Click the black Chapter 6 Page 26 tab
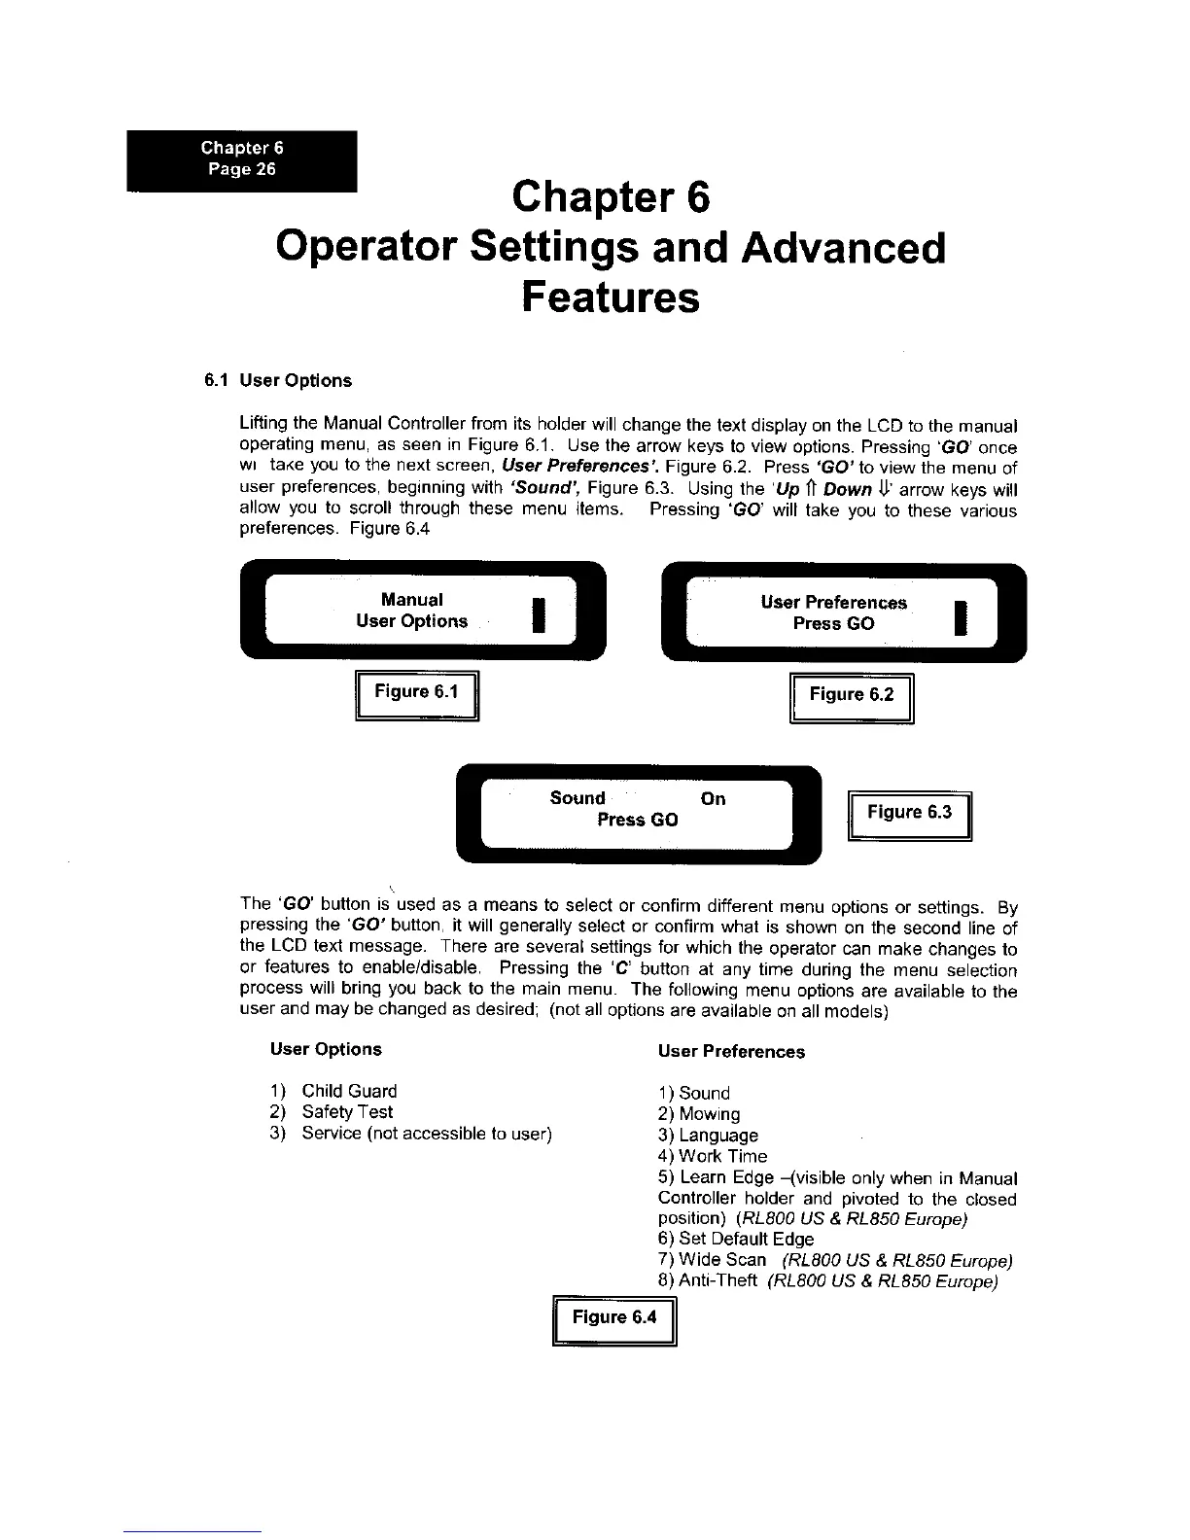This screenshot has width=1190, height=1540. pyautogui.click(x=242, y=159)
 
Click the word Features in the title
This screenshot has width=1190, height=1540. pyautogui.click(x=610, y=297)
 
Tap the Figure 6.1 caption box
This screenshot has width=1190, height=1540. pyautogui.click(x=417, y=693)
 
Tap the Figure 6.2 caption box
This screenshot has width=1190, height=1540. pyautogui.click(x=852, y=695)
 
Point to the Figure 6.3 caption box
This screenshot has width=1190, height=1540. pyautogui.click(x=909, y=814)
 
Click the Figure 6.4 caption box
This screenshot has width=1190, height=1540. pyautogui.click(x=613, y=1318)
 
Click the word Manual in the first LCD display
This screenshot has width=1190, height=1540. pyautogui.click(x=412, y=600)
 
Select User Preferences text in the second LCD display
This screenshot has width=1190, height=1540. pyautogui.click(x=833, y=603)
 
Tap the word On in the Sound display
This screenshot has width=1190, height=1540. pyautogui.click(x=713, y=799)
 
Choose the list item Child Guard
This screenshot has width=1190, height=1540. pyautogui.click(x=349, y=1092)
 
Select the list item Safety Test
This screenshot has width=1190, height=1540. pyautogui.click(x=347, y=1112)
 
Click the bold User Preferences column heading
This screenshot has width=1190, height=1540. pyautogui.click(x=731, y=1052)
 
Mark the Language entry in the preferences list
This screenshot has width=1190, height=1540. pyautogui.click(x=718, y=1136)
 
